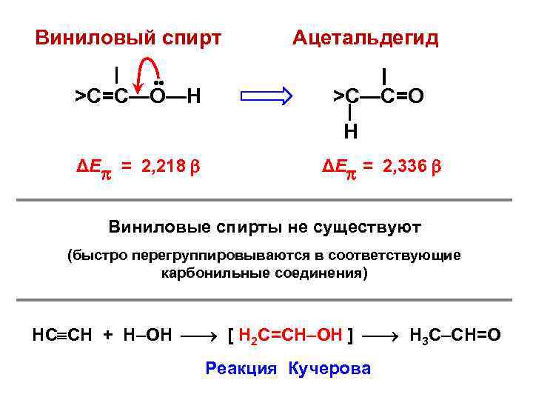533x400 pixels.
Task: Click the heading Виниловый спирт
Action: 128,37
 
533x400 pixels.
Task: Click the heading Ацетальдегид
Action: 365,37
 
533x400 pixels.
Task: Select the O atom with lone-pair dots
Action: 158,96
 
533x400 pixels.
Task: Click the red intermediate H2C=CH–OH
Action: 290,336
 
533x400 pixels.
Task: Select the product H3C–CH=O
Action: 455,336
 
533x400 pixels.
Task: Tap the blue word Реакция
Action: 241,368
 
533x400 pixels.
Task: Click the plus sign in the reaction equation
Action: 108,336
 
